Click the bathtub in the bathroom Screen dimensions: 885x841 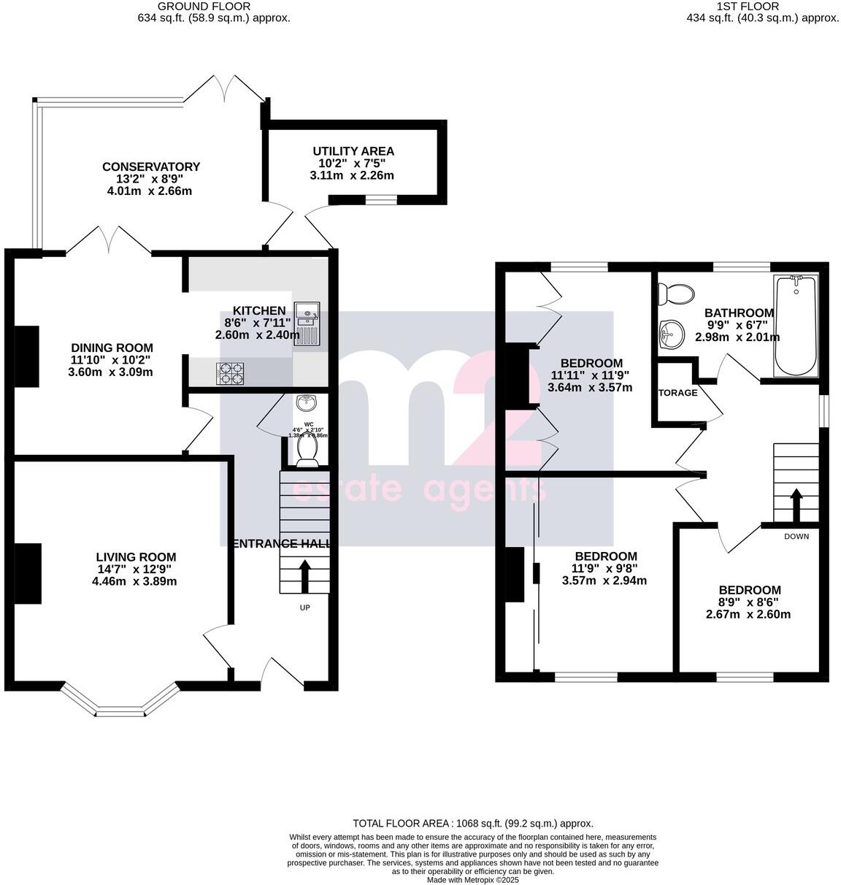point(796,326)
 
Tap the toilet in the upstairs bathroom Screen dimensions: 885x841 point(675,294)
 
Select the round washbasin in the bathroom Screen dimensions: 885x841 point(671,335)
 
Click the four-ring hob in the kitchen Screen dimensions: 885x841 point(230,373)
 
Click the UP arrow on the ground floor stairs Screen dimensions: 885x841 point(304,576)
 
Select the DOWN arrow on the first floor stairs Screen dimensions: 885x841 point(796,505)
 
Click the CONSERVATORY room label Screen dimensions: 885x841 point(151,167)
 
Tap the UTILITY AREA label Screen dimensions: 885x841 point(353,151)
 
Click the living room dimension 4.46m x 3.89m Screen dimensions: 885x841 point(134,581)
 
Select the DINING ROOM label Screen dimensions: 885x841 point(112,348)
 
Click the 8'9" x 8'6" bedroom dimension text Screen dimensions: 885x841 point(748,602)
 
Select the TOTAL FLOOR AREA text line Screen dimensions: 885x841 point(473,823)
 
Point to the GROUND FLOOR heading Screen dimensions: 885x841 point(193,7)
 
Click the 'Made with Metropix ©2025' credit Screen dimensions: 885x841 point(473,880)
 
